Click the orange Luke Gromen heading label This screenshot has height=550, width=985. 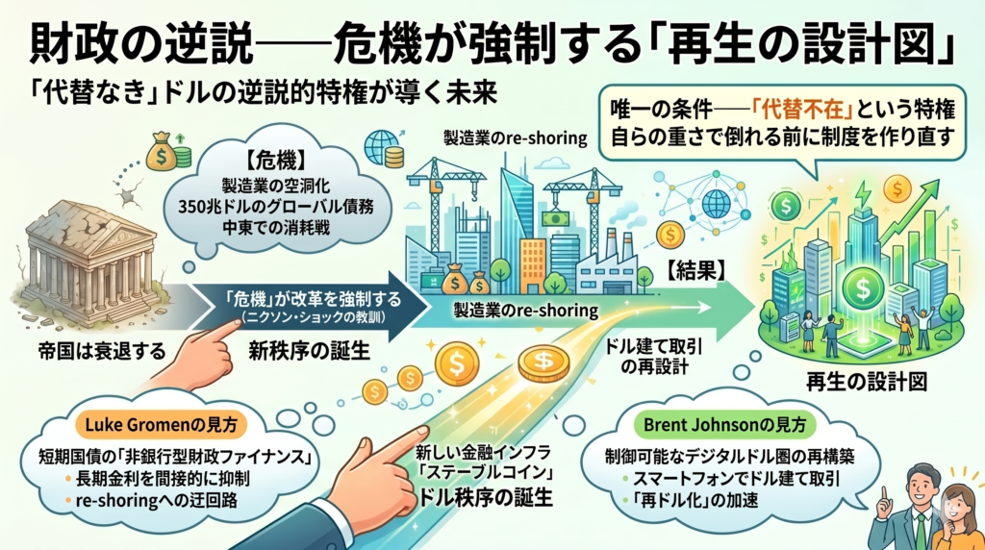[162, 425]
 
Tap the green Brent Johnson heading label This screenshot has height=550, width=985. [724, 425]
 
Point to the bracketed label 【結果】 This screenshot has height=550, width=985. [695, 271]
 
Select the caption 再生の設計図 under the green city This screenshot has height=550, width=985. [867, 381]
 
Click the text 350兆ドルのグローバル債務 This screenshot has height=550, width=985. [275, 206]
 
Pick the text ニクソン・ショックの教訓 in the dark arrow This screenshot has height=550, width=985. [313, 317]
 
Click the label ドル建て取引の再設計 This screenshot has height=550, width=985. [654, 356]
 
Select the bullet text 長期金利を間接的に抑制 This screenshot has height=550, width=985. [163, 479]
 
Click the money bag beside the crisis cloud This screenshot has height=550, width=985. [161, 151]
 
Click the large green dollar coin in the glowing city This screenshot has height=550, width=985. [863, 288]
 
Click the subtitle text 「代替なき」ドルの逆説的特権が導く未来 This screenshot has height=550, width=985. [264, 93]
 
